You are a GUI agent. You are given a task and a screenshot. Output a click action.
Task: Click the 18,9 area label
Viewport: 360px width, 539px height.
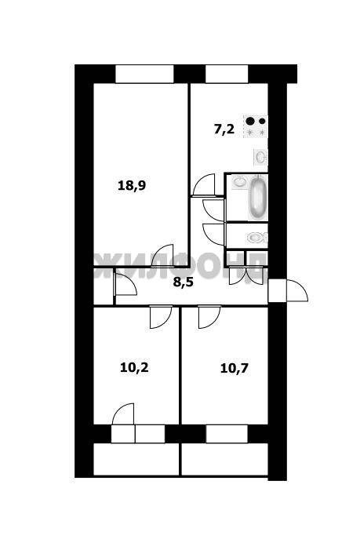132,186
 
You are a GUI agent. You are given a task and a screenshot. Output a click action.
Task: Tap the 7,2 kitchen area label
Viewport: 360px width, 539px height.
224,129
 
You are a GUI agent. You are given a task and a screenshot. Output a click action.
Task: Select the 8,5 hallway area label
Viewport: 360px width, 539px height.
184,282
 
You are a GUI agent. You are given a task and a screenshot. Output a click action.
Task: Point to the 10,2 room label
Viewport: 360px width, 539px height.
134,368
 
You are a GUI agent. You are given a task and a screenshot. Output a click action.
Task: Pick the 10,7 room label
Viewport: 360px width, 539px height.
235,369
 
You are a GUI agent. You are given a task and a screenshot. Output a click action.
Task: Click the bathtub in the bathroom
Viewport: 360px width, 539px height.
257,197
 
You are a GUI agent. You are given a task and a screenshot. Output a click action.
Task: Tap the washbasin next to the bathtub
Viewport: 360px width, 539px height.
240,181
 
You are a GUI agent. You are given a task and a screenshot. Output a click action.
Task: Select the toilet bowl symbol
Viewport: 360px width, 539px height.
256,238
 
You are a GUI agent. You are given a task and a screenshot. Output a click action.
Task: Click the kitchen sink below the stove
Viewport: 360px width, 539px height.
260,157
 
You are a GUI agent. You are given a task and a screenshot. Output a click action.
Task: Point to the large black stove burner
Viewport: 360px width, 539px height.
250,121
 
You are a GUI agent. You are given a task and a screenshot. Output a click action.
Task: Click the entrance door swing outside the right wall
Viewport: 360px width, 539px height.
297,291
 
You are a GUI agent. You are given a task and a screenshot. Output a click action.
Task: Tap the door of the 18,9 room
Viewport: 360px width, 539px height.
162,256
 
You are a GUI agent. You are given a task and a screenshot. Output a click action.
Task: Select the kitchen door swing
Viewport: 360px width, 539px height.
204,185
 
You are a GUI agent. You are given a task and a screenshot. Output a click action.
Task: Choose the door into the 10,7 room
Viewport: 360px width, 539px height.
209,317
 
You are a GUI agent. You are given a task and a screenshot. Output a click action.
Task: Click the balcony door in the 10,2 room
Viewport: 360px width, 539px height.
122,414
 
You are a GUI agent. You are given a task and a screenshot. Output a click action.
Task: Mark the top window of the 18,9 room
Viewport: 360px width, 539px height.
144,74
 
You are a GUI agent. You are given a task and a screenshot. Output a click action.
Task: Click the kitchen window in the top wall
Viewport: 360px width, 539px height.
227,74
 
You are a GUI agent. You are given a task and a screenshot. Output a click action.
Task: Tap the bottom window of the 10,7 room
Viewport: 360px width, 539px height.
227,434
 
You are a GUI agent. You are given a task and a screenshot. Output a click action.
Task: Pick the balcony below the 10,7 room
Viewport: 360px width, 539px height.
224,460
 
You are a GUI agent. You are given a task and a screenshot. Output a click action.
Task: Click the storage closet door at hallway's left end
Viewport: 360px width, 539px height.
125,283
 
